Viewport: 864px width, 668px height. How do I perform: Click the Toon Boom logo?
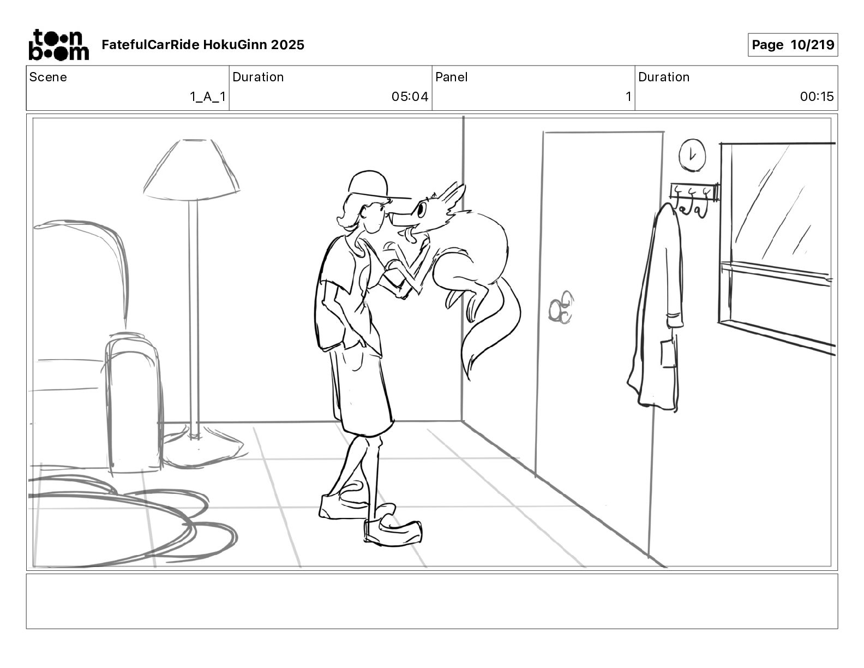(x=58, y=45)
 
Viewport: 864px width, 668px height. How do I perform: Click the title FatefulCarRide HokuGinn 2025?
(x=203, y=45)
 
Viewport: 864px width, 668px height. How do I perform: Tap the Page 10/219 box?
(x=793, y=45)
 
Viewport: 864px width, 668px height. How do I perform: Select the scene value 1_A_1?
(x=207, y=97)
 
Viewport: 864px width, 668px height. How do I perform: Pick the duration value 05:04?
(x=410, y=97)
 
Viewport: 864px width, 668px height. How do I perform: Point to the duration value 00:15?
(x=817, y=97)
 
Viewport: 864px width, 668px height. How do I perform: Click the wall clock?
(x=692, y=154)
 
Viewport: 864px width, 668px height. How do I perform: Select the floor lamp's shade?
(x=191, y=169)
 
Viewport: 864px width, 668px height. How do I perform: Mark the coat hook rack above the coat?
(x=693, y=192)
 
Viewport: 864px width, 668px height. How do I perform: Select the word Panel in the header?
(x=451, y=77)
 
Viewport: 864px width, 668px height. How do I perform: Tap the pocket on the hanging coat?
(x=668, y=353)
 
